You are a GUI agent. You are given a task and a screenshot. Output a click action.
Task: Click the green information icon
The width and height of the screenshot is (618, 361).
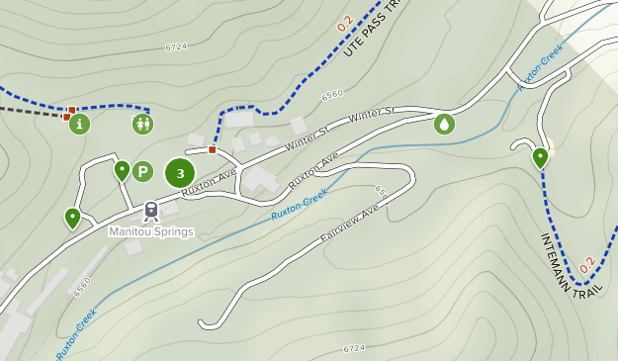coord(79,124)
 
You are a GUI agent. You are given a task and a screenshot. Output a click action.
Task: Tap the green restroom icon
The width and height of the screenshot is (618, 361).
coord(143,124)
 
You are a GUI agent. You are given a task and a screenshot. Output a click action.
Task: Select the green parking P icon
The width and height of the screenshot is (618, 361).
coord(142,172)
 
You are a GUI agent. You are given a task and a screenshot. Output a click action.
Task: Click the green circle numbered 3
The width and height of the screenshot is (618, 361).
coord(179,174)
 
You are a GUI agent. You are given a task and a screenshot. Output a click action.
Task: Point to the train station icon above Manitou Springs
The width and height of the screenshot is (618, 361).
coord(151,210)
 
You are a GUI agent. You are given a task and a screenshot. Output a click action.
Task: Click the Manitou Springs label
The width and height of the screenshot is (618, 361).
coord(151,231)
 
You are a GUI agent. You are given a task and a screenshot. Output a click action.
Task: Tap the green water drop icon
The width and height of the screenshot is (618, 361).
coord(445,124)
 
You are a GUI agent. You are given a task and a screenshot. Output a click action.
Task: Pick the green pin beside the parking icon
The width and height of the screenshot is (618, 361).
coord(122,170)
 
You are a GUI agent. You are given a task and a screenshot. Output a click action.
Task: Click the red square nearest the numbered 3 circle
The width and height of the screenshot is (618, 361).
coord(212,150)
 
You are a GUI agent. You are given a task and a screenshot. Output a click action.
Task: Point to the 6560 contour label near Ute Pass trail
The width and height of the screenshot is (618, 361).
coord(333,94)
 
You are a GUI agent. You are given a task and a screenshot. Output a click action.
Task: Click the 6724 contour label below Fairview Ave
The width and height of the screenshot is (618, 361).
coord(354,348)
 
